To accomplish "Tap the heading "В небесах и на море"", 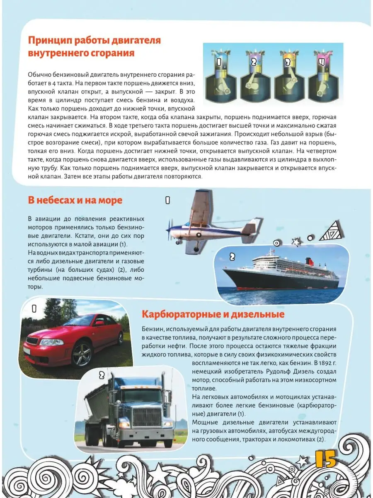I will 75,200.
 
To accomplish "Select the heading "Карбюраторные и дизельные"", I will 213,314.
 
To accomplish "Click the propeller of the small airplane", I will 169,228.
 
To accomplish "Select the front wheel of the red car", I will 82,354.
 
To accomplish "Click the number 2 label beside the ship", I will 232,257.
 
